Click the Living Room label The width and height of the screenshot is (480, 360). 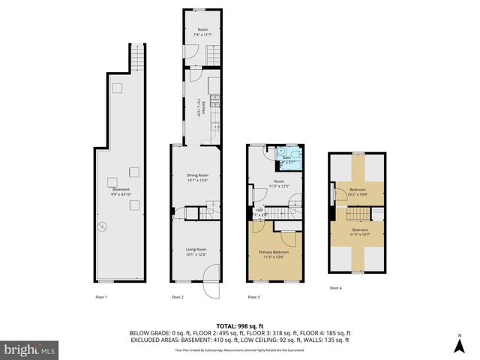coord(196,252)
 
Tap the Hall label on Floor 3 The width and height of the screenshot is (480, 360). coord(259,211)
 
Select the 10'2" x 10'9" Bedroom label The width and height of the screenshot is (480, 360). coord(358,192)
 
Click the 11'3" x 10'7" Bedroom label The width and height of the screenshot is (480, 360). coord(358,232)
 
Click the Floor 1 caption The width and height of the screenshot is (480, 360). coord(101,298)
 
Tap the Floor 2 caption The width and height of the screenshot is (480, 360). coord(178,298)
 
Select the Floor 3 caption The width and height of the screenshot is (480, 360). coord(254,298)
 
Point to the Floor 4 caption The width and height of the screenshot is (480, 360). coord(336,288)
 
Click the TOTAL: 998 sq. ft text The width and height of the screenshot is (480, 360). coord(238,325)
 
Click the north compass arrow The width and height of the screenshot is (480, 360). coord(460,345)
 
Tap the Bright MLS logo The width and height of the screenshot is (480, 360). coord(30,349)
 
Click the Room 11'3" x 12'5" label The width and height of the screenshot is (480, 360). coord(279,184)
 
